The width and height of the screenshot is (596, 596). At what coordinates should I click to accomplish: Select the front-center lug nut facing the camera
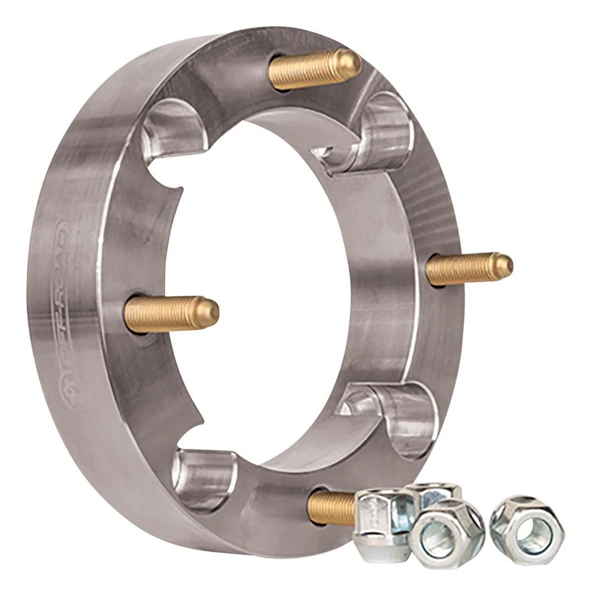pyautogui.click(x=446, y=533)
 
